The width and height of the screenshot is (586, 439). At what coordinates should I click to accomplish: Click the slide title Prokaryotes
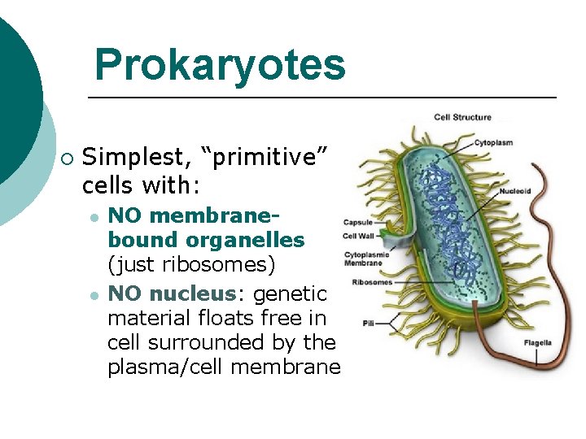220,64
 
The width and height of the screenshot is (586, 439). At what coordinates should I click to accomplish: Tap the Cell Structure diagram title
462,117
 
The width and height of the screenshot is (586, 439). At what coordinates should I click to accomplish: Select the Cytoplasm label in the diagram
495,143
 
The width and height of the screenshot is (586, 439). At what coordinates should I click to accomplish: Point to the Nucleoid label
515,192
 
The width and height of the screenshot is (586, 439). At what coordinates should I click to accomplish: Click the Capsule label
358,222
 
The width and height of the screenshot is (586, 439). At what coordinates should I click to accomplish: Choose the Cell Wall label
359,237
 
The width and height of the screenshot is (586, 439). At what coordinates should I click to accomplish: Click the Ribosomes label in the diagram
372,282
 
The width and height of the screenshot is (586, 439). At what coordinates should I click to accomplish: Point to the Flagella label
537,342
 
